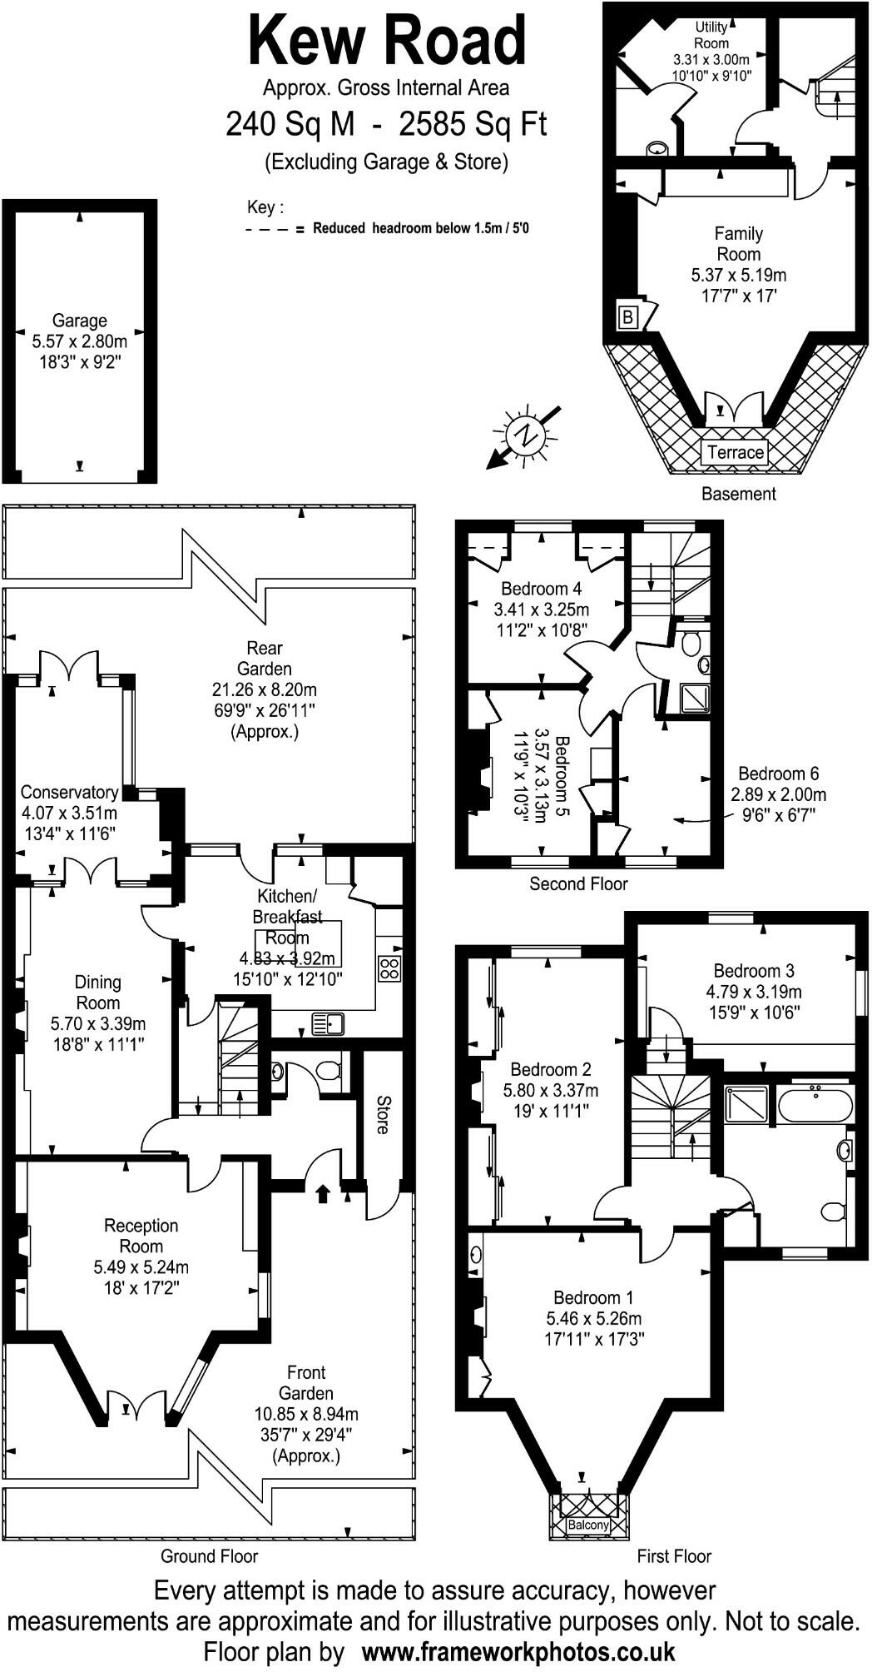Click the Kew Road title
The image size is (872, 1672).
point(388,42)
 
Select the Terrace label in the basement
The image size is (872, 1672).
point(735,452)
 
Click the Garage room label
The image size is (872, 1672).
point(80,321)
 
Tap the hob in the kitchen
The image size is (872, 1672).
point(389,968)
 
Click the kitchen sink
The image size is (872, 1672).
point(328,1023)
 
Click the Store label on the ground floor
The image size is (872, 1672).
point(383,1114)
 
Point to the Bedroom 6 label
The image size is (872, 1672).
point(779,774)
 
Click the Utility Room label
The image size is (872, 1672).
point(711,35)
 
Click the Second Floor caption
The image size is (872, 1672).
point(578,883)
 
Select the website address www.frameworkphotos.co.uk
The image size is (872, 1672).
point(518,1650)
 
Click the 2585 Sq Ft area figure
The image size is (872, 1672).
point(473,125)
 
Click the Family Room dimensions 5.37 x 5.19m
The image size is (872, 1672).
point(738,275)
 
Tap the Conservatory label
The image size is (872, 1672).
point(69,792)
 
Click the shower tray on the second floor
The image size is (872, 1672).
point(694,699)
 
